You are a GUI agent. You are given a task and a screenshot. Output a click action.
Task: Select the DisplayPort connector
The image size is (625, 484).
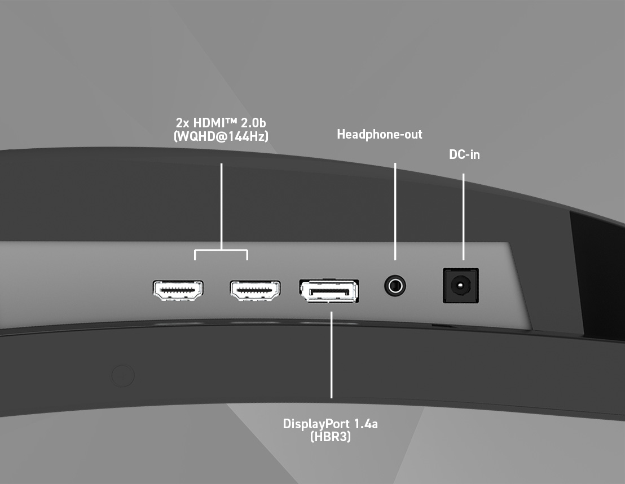[x=329, y=291]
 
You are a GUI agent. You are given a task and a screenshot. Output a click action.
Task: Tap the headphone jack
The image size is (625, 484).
[x=395, y=286]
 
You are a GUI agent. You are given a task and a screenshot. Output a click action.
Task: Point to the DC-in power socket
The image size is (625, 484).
[x=461, y=286]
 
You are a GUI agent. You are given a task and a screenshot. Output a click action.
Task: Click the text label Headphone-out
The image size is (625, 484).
[x=380, y=135]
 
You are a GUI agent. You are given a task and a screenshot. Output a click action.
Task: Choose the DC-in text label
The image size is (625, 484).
[x=464, y=154]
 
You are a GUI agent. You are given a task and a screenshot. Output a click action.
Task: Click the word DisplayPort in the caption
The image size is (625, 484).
[x=313, y=424]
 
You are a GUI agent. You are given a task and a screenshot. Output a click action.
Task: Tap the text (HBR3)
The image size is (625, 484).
[x=331, y=437]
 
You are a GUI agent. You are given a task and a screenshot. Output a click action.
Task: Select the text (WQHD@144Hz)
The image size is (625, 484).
[x=221, y=136]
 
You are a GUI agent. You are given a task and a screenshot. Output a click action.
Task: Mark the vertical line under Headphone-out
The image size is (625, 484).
[x=395, y=211]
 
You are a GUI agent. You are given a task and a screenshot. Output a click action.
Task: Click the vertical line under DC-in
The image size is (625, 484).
[x=464, y=217]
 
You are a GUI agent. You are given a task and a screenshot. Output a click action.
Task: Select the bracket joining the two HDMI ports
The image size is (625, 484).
[x=221, y=250]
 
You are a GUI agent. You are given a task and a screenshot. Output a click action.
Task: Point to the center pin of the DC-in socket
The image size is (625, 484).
[x=461, y=286]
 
